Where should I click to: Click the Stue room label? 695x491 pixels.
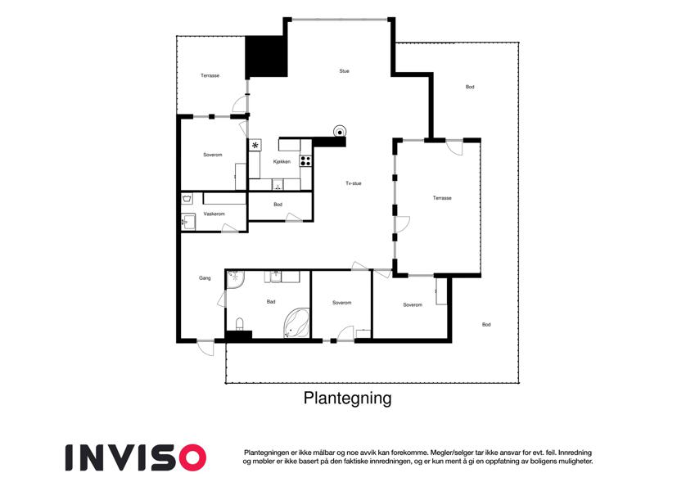(x=344, y=71)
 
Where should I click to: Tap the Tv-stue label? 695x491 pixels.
(x=354, y=183)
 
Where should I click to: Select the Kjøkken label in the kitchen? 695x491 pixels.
(x=282, y=162)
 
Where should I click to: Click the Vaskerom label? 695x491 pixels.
(x=214, y=214)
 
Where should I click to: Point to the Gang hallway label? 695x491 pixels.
(x=205, y=278)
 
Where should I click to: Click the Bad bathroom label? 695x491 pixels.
(x=271, y=302)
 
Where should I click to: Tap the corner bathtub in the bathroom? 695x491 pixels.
(x=296, y=323)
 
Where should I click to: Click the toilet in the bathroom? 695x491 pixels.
(x=239, y=324)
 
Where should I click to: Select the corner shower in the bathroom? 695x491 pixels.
(x=235, y=279)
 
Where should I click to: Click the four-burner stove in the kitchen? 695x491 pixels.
(x=305, y=160)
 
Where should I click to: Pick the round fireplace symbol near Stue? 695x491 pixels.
(x=340, y=132)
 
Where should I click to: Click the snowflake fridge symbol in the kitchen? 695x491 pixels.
(x=255, y=145)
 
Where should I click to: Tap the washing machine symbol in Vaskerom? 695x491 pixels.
(x=187, y=198)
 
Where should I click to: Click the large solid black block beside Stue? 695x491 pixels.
(x=266, y=56)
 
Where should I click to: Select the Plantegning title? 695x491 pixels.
(x=347, y=398)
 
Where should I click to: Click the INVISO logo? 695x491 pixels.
(x=136, y=457)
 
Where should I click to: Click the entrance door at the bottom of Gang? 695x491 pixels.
(x=205, y=347)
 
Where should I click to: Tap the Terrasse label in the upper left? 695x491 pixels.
(x=210, y=76)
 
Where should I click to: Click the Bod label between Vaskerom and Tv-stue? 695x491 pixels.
(x=278, y=205)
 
